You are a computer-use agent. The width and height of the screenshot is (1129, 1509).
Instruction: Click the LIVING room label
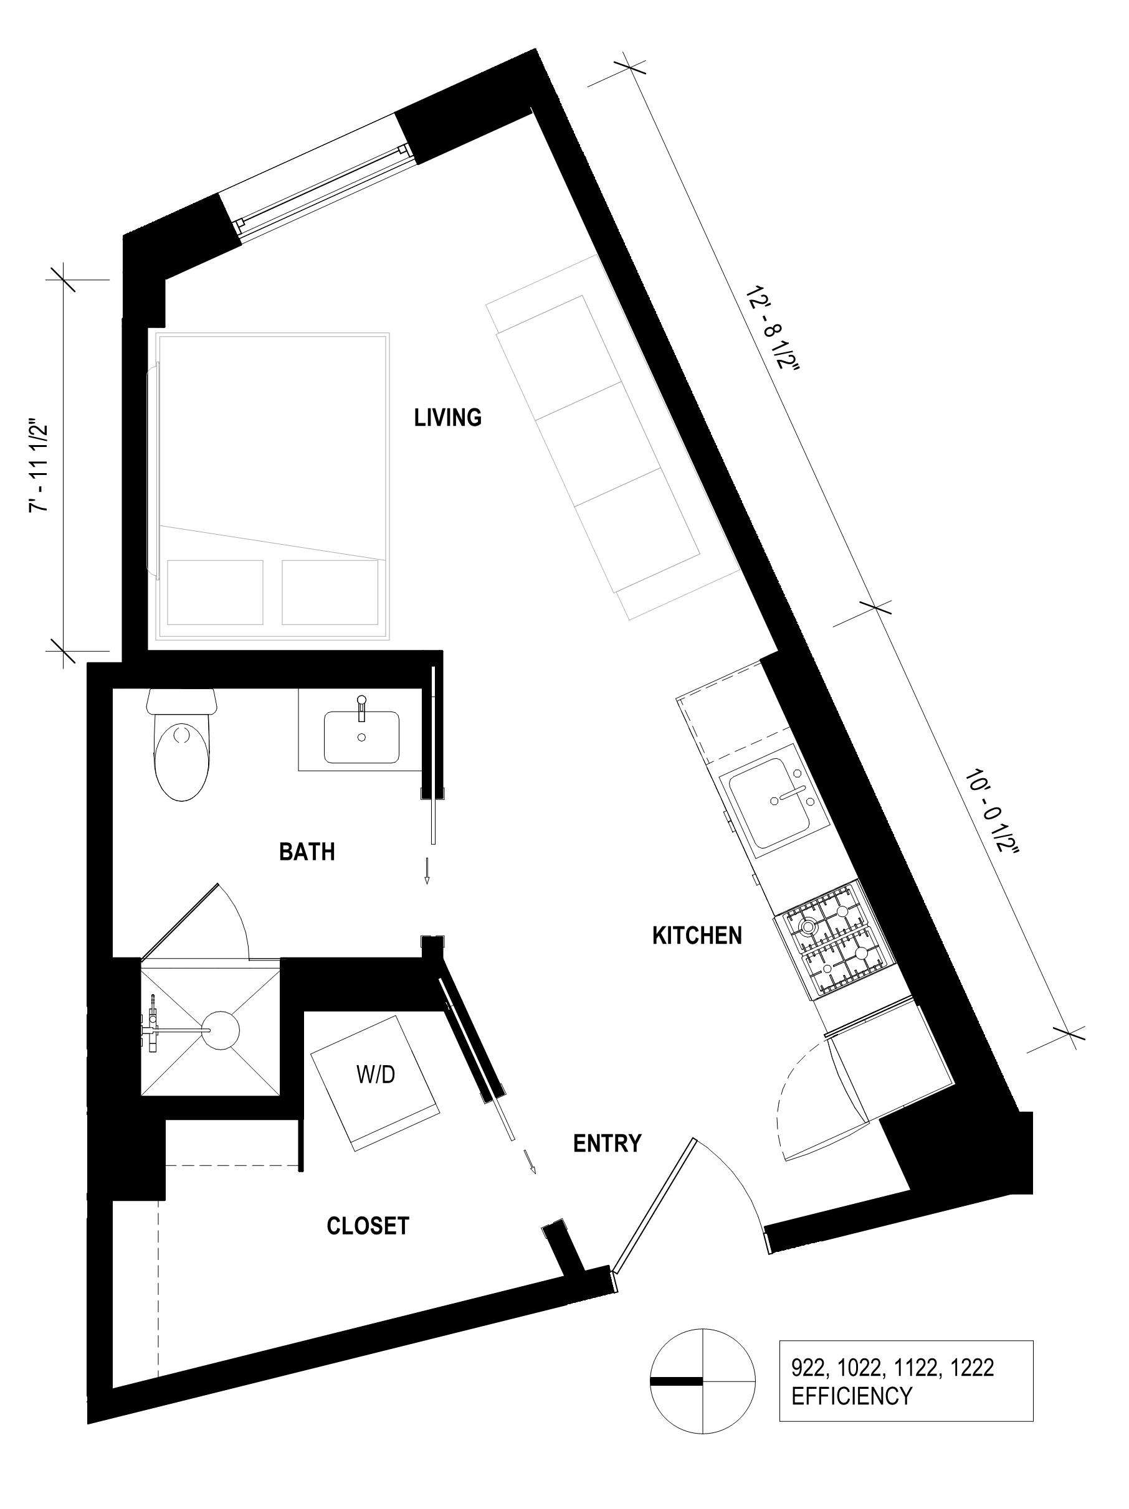click(448, 417)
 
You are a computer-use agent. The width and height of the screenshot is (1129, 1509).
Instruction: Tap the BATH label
click(307, 852)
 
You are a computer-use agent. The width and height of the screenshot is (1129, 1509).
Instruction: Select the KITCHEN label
click(697, 935)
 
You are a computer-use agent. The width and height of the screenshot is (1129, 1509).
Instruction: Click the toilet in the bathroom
click(181, 743)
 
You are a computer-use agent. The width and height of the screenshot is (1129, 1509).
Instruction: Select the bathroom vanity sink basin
click(362, 737)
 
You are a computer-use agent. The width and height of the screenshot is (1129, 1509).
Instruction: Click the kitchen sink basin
click(779, 805)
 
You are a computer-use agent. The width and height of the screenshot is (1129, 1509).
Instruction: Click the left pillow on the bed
click(215, 592)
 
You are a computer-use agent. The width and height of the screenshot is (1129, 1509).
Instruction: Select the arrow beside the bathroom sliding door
click(427, 871)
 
